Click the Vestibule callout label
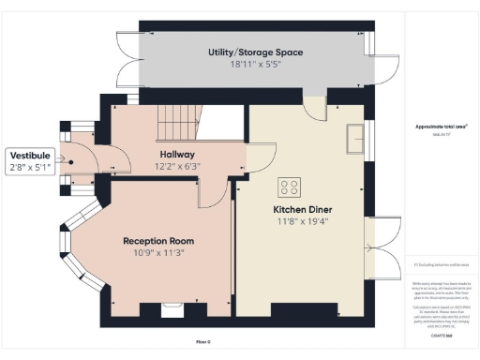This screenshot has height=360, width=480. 31,155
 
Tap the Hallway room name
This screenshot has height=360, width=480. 175,154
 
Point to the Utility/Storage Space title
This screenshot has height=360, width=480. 255,52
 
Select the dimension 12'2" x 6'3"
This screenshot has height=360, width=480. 175,166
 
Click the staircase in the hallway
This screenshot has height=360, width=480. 177,119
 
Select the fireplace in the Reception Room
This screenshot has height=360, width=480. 171,309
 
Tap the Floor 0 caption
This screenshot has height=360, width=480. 203,342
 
